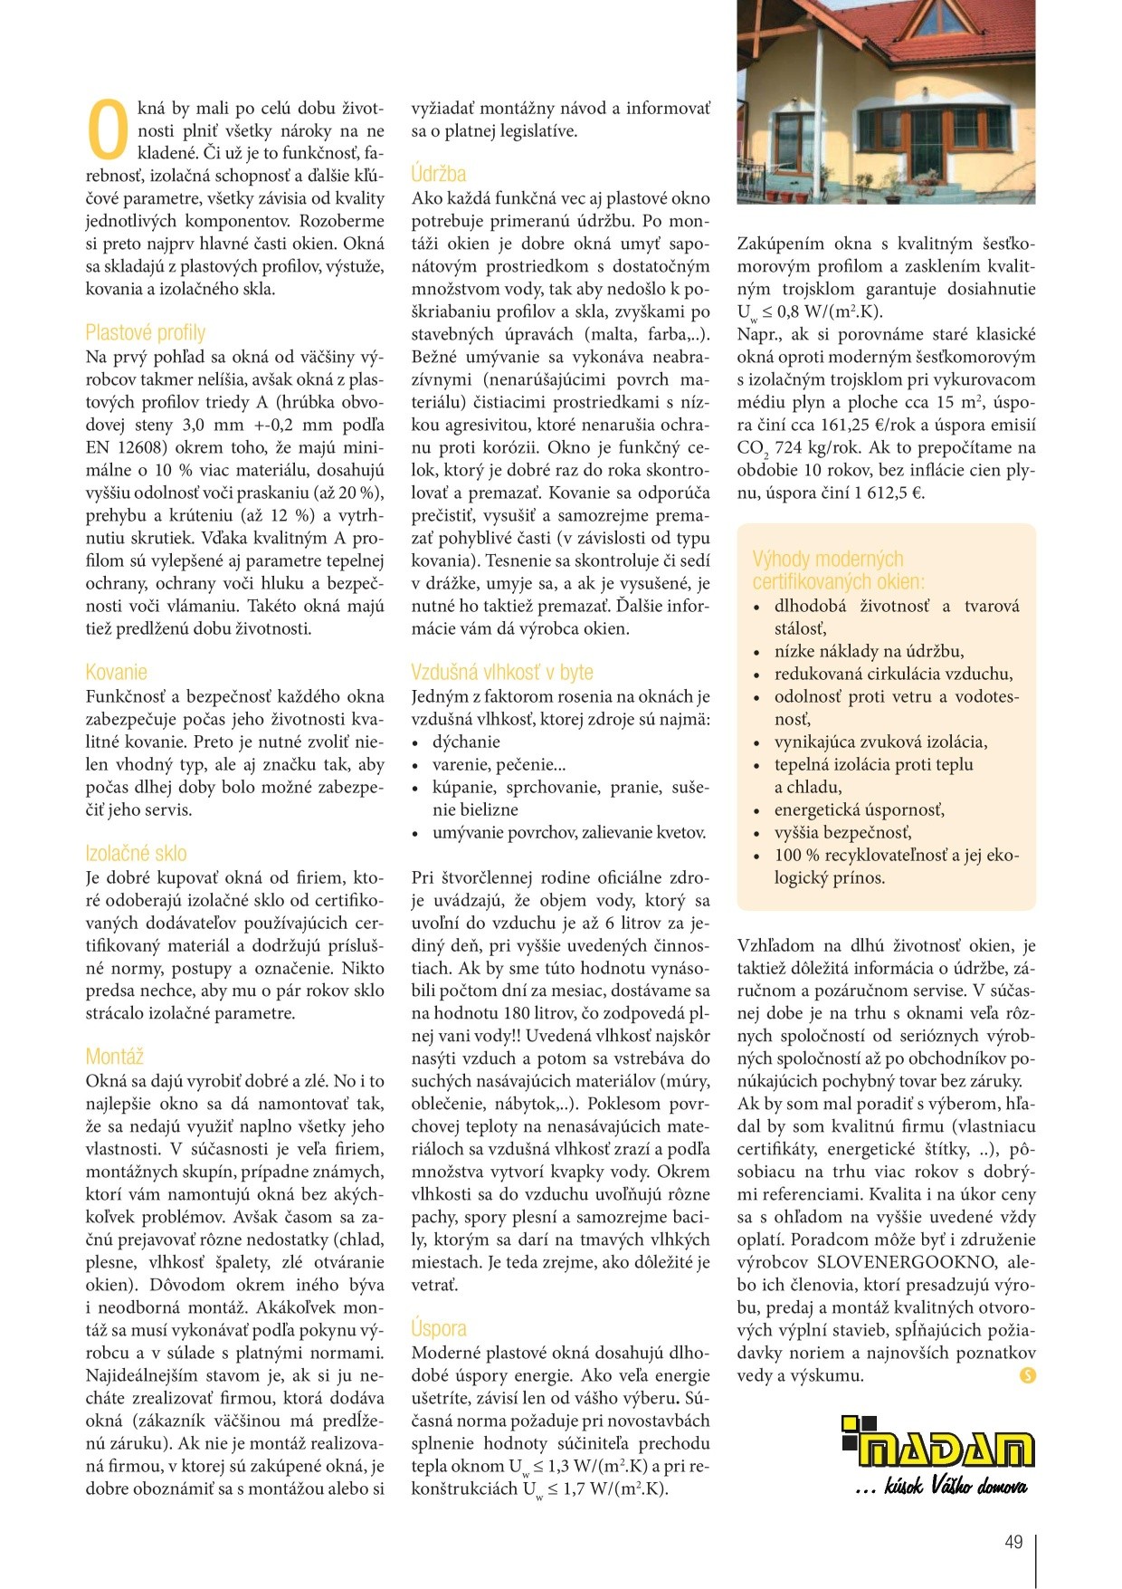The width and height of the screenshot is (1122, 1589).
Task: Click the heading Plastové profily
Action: pyautogui.click(x=145, y=332)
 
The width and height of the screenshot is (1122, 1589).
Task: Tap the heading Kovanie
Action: pyautogui.click(x=116, y=672)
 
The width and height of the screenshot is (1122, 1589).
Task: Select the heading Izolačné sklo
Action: pyautogui.click(x=136, y=853)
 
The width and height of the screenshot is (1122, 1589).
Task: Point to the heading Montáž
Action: pyautogui.click(x=115, y=1057)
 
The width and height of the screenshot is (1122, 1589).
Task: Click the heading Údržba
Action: pyautogui.click(x=438, y=174)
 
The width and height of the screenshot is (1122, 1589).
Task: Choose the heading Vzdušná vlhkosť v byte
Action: pyautogui.click(x=501, y=672)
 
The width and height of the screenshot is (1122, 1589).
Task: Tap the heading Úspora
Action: pyautogui.click(x=439, y=1328)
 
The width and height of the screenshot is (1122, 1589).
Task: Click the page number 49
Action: pyautogui.click(x=1013, y=1542)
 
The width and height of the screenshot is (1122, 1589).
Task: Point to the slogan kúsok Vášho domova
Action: pyautogui.click(x=941, y=1486)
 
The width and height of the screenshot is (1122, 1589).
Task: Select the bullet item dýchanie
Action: pyautogui.click(x=466, y=742)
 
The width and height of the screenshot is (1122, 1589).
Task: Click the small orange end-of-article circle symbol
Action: pyautogui.click(x=1027, y=1376)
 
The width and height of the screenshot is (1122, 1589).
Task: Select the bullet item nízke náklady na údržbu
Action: pyautogui.click(x=869, y=651)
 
